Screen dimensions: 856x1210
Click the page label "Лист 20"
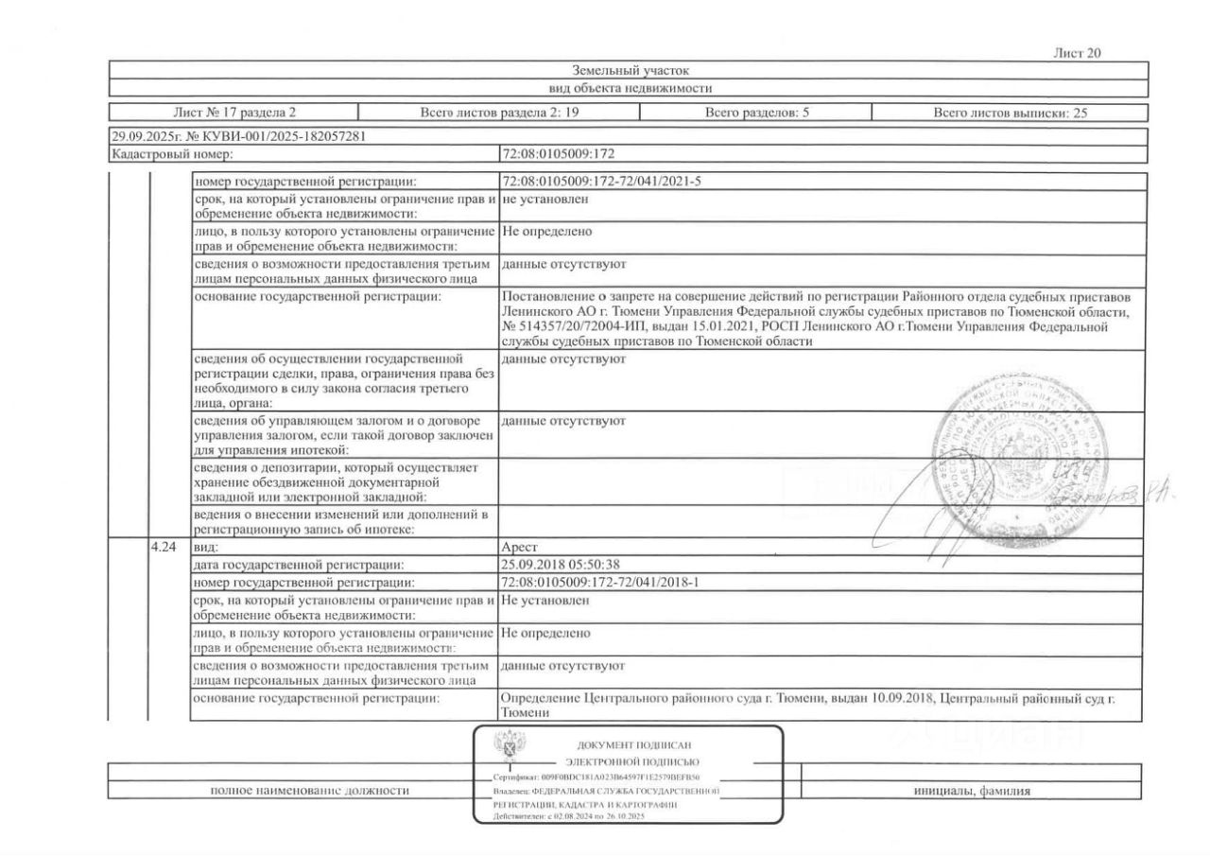coord(1077,53)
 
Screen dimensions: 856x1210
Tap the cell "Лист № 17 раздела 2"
coord(234,113)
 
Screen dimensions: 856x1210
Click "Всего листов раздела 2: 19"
coord(499,113)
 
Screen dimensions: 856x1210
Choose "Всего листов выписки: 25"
coord(1011,113)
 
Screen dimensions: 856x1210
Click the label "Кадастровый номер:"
coord(172,152)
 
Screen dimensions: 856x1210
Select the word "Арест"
coord(521,548)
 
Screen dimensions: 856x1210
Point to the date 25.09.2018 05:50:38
coord(561,565)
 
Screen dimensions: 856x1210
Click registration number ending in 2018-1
coord(600,582)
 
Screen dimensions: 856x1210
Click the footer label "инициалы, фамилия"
coord(972,791)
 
